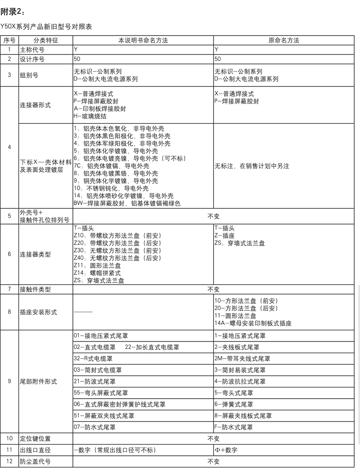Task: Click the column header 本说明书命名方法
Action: pyautogui.click(x=143, y=40)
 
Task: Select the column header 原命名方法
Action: pyautogui.click(x=284, y=40)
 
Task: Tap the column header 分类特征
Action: pyautogui.click(x=45, y=40)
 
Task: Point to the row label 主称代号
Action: pyautogui.click(x=32, y=49)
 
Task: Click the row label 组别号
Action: pyautogui.click(x=29, y=75)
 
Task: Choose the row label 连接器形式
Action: pyautogui.click(x=35, y=105)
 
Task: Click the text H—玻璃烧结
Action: pyautogui.click(x=90, y=116)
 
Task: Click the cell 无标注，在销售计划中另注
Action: pyautogui.click(x=252, y=166)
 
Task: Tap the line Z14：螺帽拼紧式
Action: pyautogui.click(x=97, y=273)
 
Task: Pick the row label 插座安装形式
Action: pyautogui.click(x=38, y=312)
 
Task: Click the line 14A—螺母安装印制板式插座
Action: pyautogui.click(x=253, y=323)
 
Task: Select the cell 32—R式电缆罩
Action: pyautogui.click(x=93, y=359)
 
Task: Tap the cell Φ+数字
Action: pyautogui.click(x=226, y=450)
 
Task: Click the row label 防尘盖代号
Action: pyautogui.click(x=35, y=461)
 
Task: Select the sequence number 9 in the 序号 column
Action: pyautogui.click(x=9, y=381)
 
